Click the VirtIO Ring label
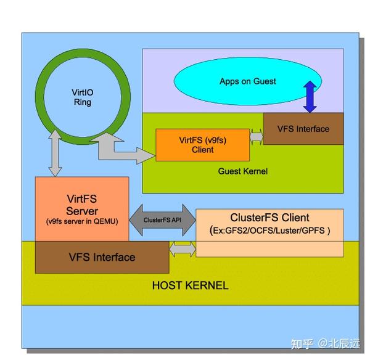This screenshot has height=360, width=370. (x=83, y=97)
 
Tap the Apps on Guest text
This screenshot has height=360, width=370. (x=248, y=81)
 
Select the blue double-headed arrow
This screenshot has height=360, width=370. (x=310, y=97)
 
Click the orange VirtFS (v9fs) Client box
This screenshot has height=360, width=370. (x=202, y=145)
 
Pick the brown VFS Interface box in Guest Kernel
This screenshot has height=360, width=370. (x=303, y=129)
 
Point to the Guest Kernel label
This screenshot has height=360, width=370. (x=243, y=171)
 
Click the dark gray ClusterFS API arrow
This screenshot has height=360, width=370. (x=162, y=220)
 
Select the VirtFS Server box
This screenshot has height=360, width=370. (x=82, y=209)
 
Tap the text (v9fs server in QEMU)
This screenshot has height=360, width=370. (x=82, y=221)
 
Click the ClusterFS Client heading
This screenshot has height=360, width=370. (x=269, y=218)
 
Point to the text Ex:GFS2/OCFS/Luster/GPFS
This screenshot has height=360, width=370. (x=269, y=231)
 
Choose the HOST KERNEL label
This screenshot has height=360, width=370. (x=190, y=285)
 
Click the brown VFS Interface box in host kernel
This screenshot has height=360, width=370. (x=102, y=257)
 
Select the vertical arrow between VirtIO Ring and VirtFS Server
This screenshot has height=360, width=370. (x=55, y=153)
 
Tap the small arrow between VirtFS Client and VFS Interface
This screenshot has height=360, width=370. (x=257, y=137)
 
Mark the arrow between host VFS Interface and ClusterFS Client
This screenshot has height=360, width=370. (x=183, y=249)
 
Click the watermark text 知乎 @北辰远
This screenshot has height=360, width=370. (x=326, y=344)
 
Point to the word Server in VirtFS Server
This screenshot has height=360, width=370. (x=82, y=211)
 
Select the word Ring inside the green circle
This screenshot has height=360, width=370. (x=83, y=102)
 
